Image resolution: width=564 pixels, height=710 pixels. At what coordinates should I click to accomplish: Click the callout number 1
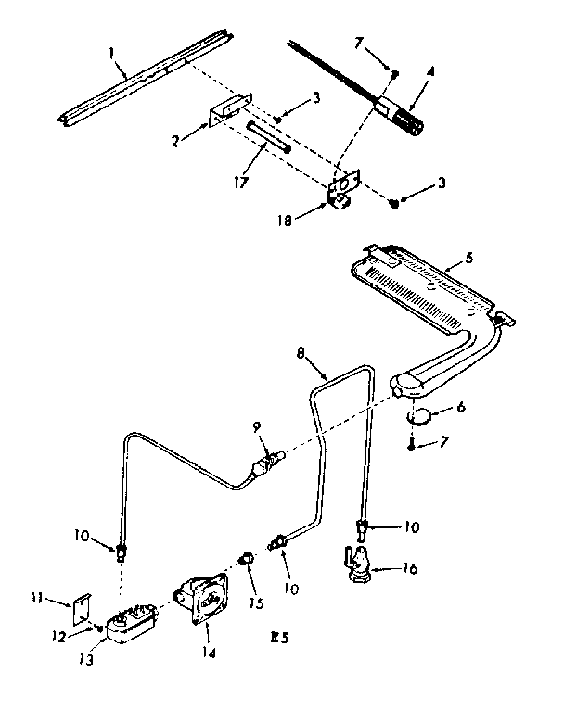112,55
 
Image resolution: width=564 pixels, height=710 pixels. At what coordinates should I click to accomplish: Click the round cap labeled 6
421,414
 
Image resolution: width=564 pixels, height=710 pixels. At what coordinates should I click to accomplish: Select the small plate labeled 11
83,610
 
